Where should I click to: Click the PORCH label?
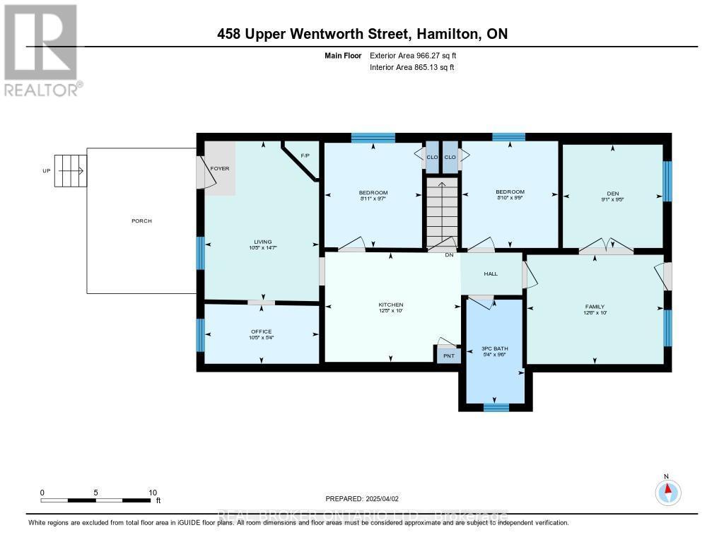click(141, 220)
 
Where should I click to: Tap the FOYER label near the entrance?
click(220, 169)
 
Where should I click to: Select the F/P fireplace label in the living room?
click(305, 155)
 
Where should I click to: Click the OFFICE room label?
click(261, 331)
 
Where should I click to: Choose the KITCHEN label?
click(390, 305)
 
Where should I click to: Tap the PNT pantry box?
click(448, 355)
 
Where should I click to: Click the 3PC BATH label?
click(496, 349)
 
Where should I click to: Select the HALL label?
click(491, 274)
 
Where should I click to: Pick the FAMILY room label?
click(595, 307)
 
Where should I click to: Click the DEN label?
click(612, 192)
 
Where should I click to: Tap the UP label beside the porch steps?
click(46, 171)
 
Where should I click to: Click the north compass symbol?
click(667, 490)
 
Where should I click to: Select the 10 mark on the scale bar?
click(152, 493)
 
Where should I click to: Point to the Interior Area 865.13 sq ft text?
click(411, 68)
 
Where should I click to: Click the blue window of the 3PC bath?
click(496, 407)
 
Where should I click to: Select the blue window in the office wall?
click(200, 334)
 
